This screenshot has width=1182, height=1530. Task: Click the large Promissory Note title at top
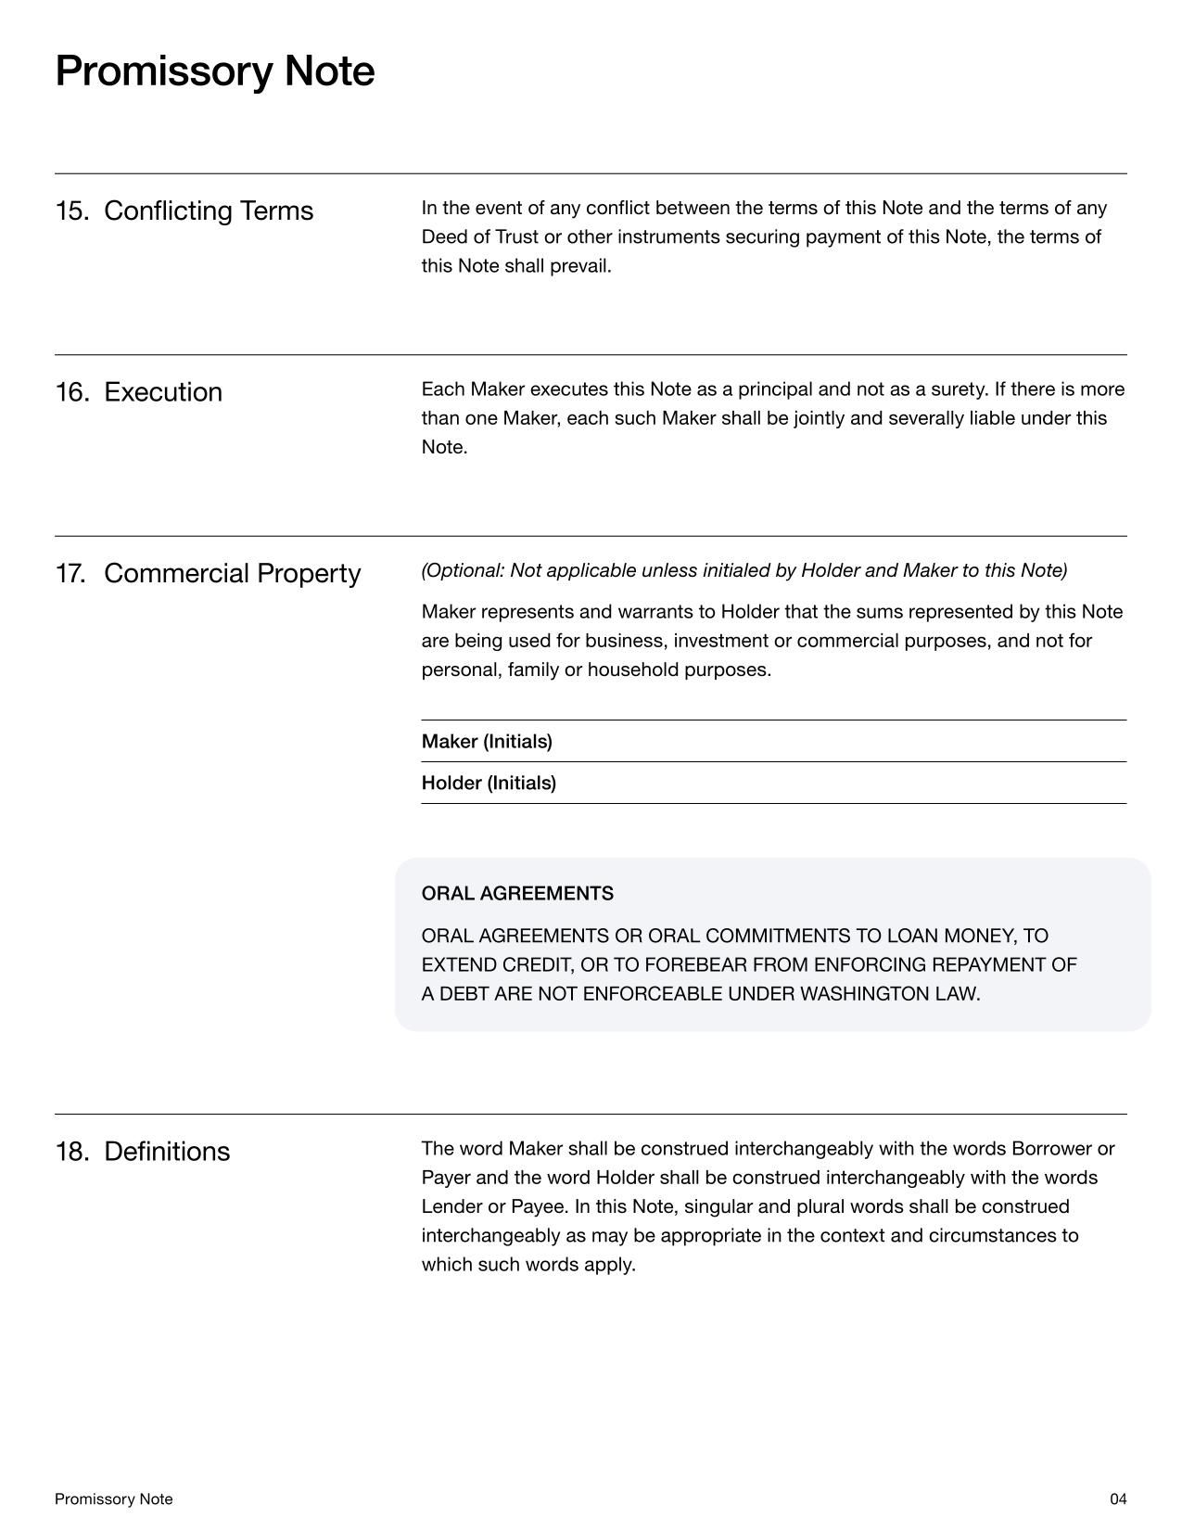[215, 71]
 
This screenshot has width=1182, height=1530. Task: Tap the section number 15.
[71, 211]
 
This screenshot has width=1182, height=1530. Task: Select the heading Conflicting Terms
[209, 211]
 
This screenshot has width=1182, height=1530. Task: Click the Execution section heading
[163, 392]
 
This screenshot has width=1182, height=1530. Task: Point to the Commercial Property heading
[232, 574]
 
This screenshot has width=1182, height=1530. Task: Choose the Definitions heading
[167, 1152]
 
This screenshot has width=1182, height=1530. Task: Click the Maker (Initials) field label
[487, 742]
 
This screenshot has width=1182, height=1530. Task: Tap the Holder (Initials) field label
[489, 784]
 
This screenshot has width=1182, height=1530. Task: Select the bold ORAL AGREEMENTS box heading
[517, 894]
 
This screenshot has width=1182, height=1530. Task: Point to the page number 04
[1118, 1499]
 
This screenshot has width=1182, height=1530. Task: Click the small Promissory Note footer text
[114, 1499]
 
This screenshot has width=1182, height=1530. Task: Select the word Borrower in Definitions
[1051, 1149]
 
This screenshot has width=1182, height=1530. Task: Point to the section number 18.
[71, 1152]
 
